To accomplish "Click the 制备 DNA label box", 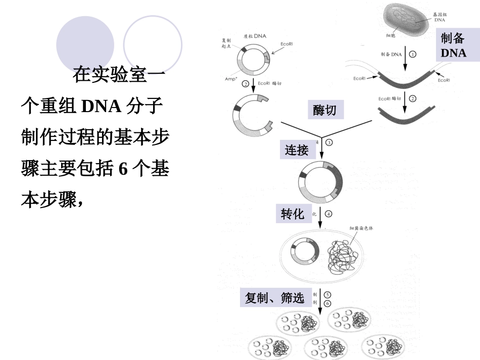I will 453,44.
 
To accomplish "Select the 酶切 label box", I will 324,110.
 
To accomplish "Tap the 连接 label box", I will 297,150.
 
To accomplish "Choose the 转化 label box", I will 293,214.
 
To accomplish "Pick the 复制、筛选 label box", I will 275,298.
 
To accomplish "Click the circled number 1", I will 413,54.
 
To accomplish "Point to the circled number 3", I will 329,142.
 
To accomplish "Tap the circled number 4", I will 329,214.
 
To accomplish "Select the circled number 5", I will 327,294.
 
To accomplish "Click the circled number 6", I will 327,303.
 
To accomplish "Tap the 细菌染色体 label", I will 361,228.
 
